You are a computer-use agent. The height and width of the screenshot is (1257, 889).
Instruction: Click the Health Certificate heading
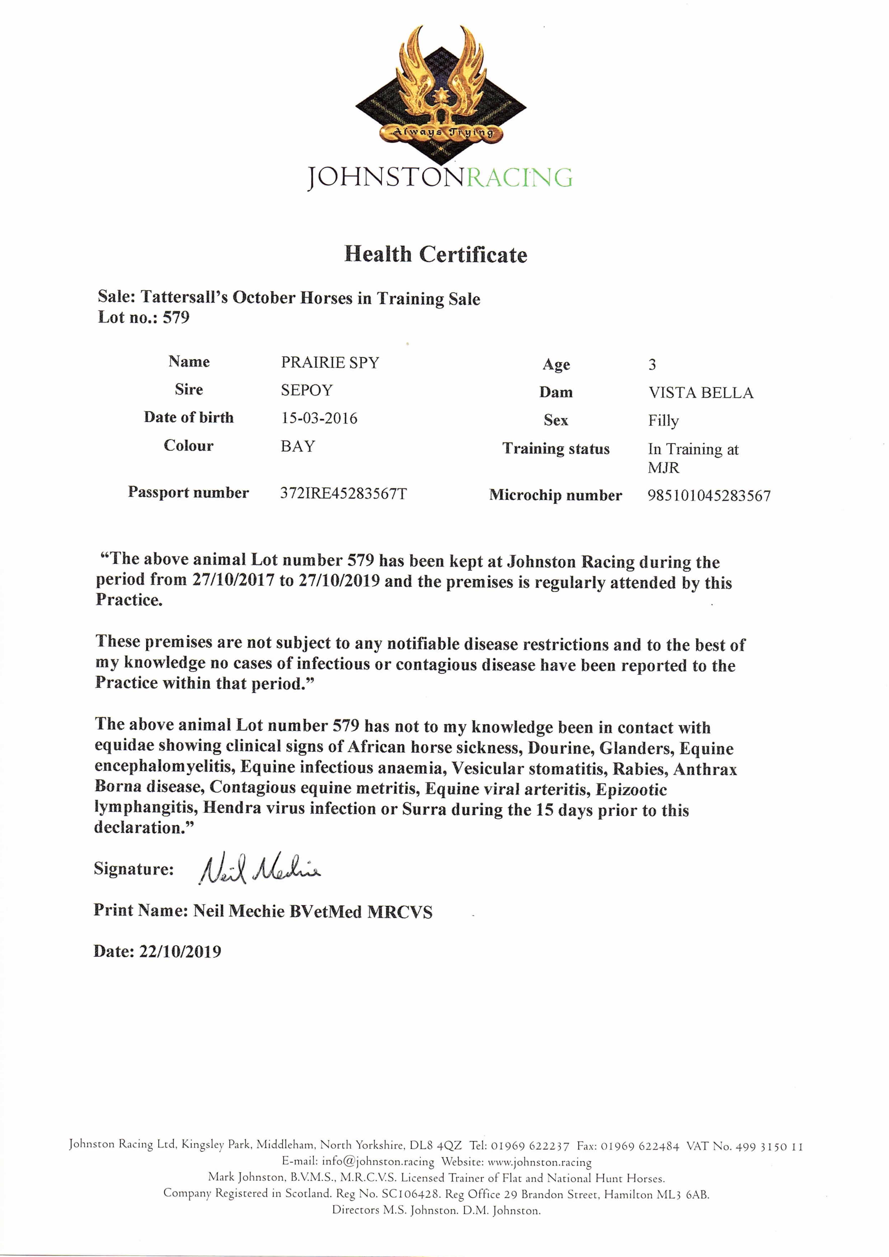(x=436, y=255)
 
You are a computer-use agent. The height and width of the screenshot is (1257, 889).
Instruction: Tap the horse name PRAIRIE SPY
(x=330, y=363)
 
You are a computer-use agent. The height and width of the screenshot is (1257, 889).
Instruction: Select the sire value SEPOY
(x=307, y=390)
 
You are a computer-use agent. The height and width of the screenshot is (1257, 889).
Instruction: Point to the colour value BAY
(x=298, y=446)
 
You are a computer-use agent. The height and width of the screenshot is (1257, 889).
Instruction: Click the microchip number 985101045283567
(x=709, y=496)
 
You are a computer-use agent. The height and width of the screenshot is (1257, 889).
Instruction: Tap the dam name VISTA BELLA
(x=701, y=393)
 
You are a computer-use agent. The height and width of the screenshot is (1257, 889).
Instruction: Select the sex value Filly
(x=663, y=421)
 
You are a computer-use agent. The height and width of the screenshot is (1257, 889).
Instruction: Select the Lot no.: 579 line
(x=144, y=318)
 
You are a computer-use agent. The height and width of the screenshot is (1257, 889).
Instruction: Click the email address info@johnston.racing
(x=378, y=1161)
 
